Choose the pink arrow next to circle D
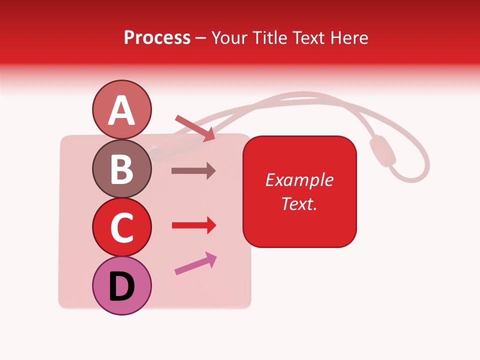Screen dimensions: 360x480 195,263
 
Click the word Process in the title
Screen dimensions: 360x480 157,37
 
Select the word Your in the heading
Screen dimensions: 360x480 230,37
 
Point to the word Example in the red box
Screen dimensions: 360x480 299,180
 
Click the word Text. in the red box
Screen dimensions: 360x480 299,203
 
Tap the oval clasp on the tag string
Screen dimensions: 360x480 382,151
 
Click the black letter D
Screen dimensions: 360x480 122,287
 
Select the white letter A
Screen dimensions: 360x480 122,110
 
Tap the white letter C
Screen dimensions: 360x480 122,228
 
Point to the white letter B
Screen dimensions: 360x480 122,169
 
